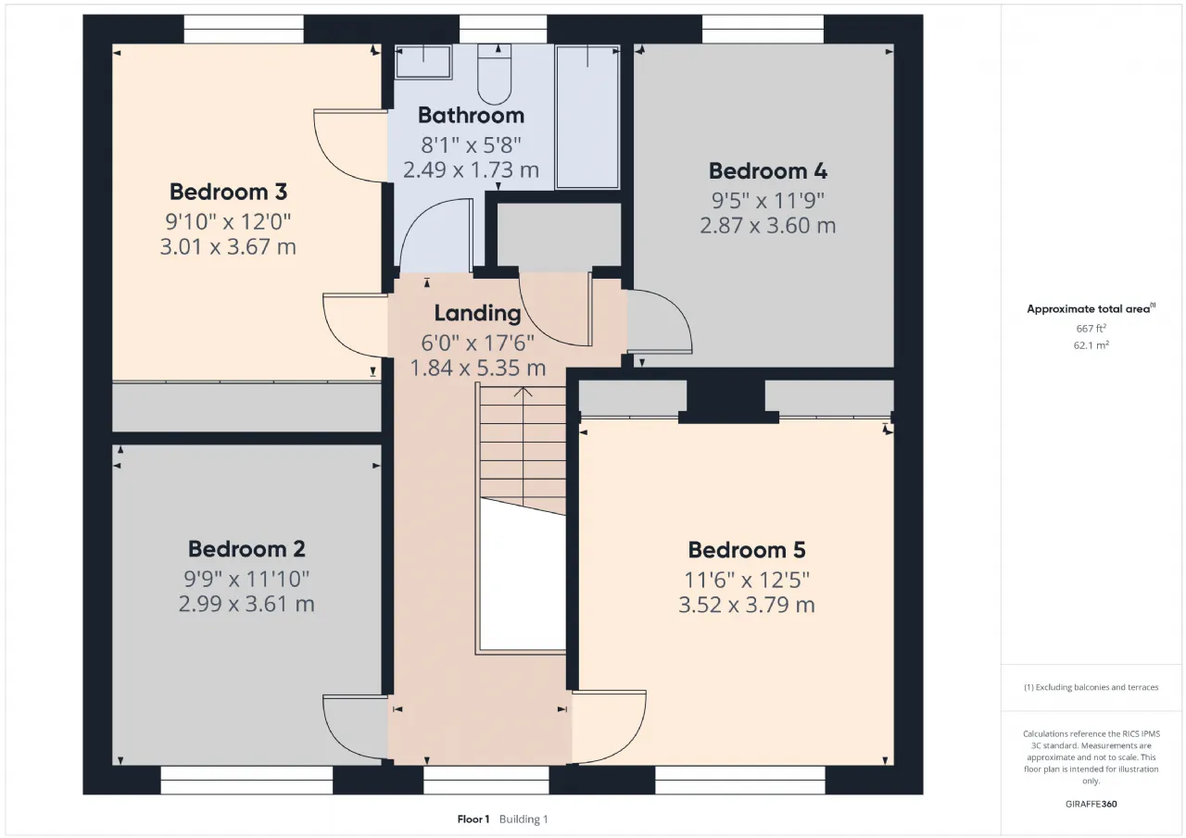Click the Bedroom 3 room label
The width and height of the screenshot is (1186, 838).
[228, 192]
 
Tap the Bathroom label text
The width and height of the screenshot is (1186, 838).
[472, 116]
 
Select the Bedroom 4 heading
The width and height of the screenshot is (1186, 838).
[768, 171]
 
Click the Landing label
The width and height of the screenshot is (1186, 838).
[477, 313]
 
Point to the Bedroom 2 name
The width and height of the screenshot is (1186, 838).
[246, 549]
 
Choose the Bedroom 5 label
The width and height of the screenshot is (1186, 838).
[747, 550]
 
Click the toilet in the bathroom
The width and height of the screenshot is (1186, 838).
[495, 74]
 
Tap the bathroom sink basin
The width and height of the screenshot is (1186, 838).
[423, 62]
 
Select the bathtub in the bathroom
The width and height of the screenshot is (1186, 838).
[587, 117]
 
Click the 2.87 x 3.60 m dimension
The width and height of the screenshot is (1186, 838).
[768, 226]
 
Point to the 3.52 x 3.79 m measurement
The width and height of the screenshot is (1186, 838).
[747, 605]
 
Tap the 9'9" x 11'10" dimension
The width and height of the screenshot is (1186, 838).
[246, 579]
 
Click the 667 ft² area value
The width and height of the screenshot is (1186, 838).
[1091, 329]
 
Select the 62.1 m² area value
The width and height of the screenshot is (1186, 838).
[1091, 345]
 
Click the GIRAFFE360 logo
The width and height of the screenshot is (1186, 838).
[1091, 804]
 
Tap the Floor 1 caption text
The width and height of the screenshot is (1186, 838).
[473, 819]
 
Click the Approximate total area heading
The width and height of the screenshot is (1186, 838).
[1091, 309]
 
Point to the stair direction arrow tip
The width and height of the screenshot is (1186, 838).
[524, 388]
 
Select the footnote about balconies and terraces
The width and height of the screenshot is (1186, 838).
[1091, 687]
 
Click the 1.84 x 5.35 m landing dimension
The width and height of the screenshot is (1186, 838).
[477, 369]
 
